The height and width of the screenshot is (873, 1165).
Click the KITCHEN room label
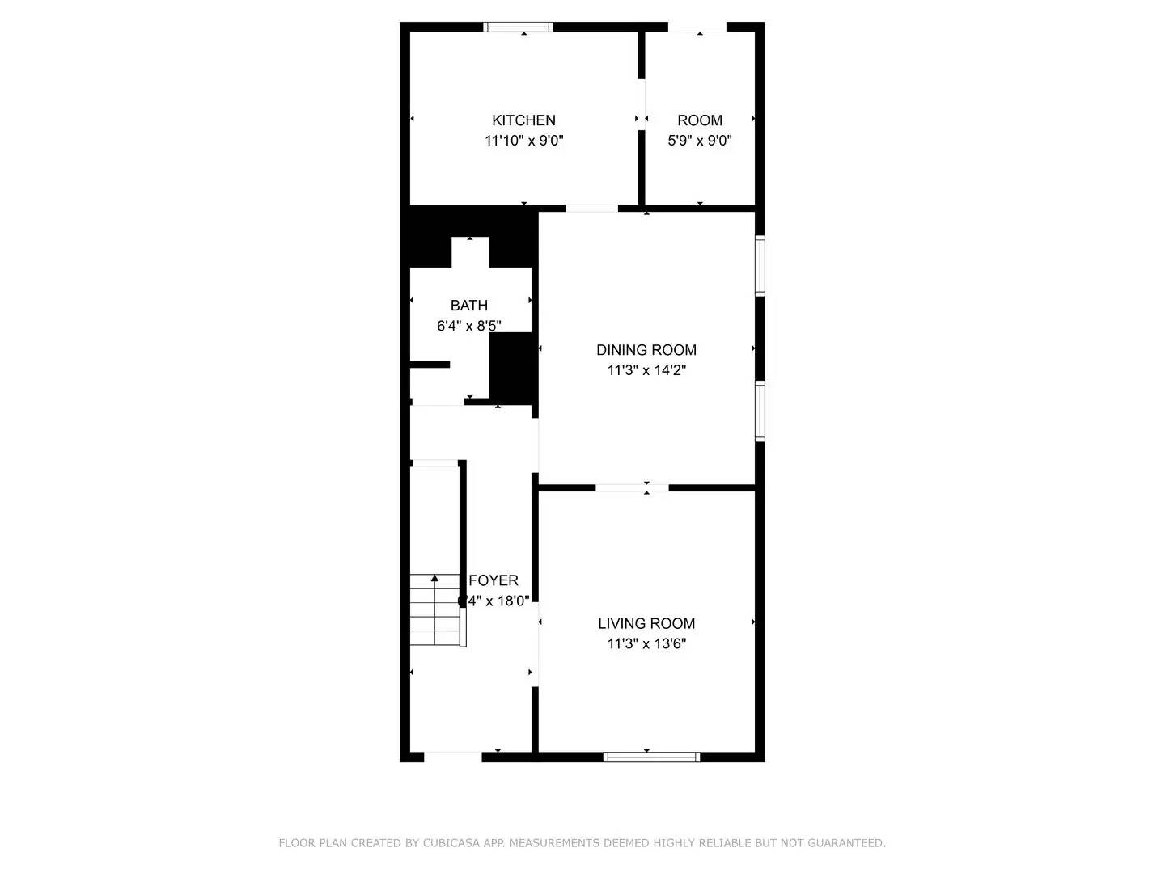tap(524, 120)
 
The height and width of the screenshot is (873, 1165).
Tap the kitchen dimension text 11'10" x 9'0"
tap(524, 141)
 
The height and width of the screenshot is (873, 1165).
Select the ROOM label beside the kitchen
tap(700, 120)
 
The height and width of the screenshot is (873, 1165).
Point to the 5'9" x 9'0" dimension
tap(700, 141)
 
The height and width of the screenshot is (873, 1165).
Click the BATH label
tap(469, 306)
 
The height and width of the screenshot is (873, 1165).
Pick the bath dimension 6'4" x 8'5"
tap(469, 326)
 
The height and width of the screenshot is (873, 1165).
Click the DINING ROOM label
tap(646, 350)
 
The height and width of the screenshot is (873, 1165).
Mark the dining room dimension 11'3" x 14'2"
tap(646, 370)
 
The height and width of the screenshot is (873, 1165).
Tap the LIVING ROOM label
tap(646, 623)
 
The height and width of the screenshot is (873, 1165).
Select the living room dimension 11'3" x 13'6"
tap(646, 644)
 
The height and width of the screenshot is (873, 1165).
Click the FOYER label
tap(494, 580)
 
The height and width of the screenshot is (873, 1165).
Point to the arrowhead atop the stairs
tap(434, 578)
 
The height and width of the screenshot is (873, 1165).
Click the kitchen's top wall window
tap(519, 27)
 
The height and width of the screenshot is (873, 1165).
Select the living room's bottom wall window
tap(651, 757)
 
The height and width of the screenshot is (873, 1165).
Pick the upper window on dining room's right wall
tap(760, 265)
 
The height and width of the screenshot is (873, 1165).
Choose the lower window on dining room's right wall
tap(760, 411)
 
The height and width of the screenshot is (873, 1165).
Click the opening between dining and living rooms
tap(632, 487)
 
